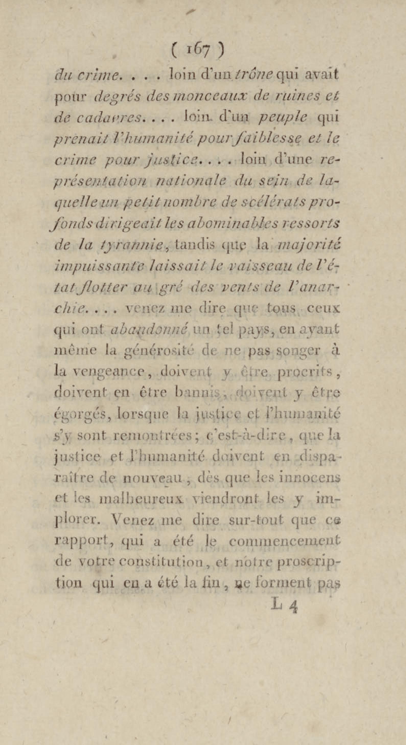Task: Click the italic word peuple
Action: click(283, 117)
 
